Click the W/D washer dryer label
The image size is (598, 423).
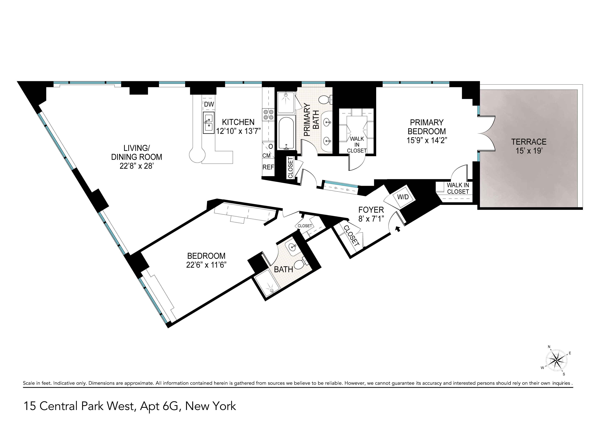click(x=403, y=197)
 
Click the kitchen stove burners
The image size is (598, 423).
click(x=268, y=115)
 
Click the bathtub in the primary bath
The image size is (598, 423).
click(x=286, y=133)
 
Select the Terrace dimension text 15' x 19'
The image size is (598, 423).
click(x=529, y=151)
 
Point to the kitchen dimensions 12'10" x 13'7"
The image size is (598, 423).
click(x=238, y=131)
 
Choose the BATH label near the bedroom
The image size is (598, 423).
click(x=284, y=269)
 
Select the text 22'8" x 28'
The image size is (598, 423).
click(x=137, y=166)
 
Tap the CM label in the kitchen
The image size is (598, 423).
click(x=267, y=156)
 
